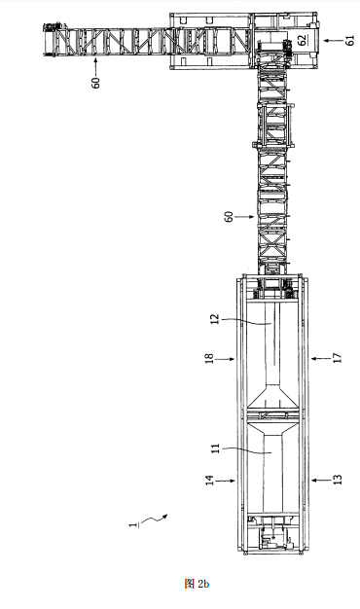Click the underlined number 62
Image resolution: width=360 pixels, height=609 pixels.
tap(303, 41)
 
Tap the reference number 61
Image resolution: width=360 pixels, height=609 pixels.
tap(350, 41)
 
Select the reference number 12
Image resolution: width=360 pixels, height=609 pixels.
tap(216, 319)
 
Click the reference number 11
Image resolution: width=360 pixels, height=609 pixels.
tap(216, 448)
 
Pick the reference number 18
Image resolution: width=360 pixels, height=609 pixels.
tap(209, 359)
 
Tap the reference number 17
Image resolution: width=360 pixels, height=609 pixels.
tap(338, 358)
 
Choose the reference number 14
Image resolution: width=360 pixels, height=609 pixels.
tap(209, 481)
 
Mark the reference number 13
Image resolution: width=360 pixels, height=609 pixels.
tap(338, 480)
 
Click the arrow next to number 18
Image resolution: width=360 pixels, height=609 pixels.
tap(225, 359)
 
